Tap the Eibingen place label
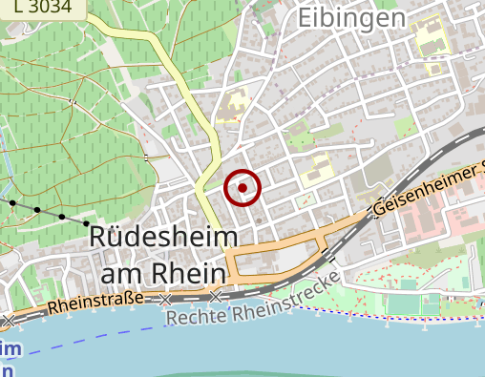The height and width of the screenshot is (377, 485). coord(350,17)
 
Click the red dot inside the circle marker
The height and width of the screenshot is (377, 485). coord(242,188)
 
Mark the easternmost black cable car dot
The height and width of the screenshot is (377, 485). coord(87,223)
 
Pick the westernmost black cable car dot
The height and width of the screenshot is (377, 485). coord(12,202)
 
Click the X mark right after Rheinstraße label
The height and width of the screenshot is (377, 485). coord(166,300)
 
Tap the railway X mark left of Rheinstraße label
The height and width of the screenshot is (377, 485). coord(9,319)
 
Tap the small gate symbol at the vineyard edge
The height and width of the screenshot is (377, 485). coord(145,157)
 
